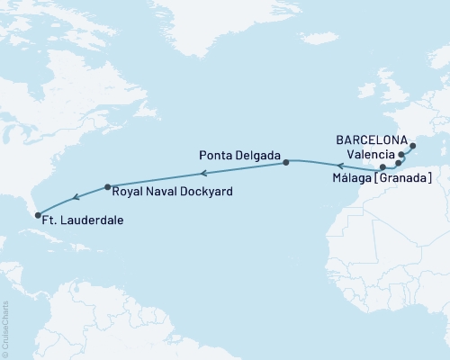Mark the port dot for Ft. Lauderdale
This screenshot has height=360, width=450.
point(36,214)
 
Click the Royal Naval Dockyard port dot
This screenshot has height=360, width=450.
point(108,187)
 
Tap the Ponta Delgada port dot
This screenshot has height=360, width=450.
point(286,163)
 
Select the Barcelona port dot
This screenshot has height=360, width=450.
point(413,146)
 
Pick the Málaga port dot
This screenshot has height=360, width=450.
point(383,167)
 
